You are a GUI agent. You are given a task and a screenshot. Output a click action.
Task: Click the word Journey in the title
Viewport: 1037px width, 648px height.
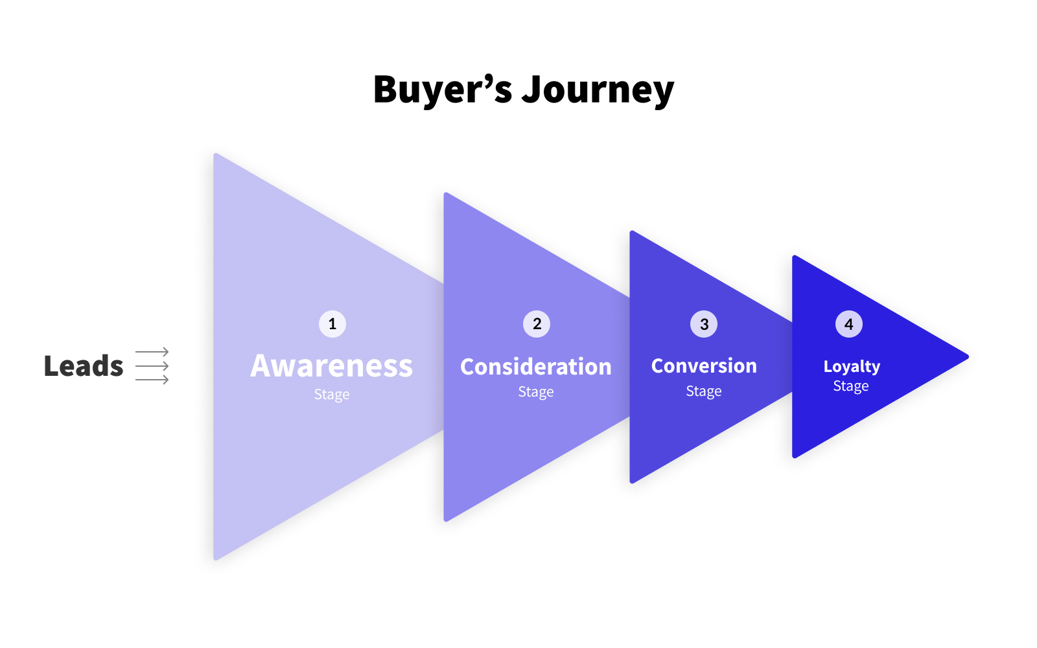[x=598, y=91]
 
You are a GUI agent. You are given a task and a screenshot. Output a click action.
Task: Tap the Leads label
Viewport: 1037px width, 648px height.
[x=84, y=365]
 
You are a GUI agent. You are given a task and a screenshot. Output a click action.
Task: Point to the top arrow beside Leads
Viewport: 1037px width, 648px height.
[x=152, y=352]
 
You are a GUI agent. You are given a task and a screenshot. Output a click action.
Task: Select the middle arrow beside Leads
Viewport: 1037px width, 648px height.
[x=152, y=366]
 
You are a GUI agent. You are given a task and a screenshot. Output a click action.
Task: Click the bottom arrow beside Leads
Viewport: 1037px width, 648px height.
[x=152, y=380]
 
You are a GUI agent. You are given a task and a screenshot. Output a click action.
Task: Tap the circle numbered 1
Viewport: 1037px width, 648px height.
[x=332, y=324]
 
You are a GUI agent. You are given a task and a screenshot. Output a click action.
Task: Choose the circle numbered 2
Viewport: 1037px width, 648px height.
[x=537, y=324]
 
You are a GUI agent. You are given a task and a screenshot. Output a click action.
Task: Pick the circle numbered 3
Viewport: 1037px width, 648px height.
[x=704, y=324]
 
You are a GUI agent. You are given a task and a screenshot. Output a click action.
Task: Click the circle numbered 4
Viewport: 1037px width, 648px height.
[x=848, y=324]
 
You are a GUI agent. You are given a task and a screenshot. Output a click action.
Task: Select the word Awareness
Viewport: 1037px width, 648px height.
[x=331, y=365]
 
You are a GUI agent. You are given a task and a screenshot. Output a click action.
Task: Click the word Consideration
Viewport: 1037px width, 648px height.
[x=535, y=367]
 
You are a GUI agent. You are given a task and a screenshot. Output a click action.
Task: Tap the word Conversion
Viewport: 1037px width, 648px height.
[x=704, y=365]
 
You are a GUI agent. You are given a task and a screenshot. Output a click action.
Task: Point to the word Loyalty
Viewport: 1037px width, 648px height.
[x=852, y=367]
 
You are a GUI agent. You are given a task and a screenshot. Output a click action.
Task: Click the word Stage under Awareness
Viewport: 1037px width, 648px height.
[x=331, y=395]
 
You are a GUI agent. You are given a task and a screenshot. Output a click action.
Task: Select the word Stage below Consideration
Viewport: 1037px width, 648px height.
[x=535, y=392]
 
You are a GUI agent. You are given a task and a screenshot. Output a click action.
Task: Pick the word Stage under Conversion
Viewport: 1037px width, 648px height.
[x=704, y=391]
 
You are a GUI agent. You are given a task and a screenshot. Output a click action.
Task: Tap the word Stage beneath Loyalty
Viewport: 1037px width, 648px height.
[x=851, y=386]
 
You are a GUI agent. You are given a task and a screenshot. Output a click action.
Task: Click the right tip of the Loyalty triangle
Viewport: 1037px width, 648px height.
[x=968, y=356]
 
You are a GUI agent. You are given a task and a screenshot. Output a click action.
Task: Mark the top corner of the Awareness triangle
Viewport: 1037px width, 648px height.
[x=215, y=154]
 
